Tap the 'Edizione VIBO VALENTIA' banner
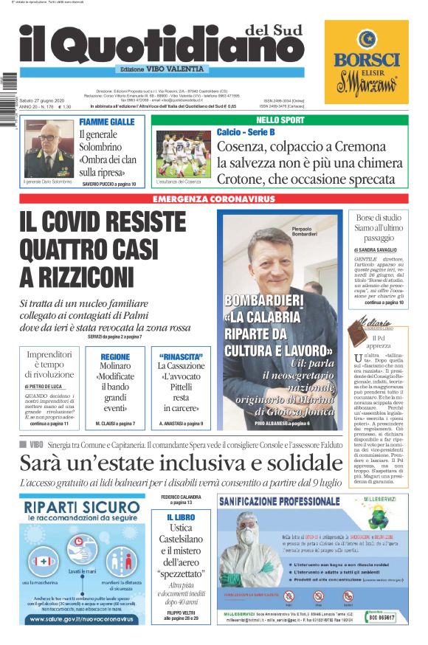point(162,69)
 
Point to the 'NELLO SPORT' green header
point(280,120)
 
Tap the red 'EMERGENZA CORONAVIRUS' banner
point(213,199)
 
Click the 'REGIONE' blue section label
point(115,356)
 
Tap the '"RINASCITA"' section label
point(180,356)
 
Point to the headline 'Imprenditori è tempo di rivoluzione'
point(49,365)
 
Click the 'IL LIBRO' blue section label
point(180,517)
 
